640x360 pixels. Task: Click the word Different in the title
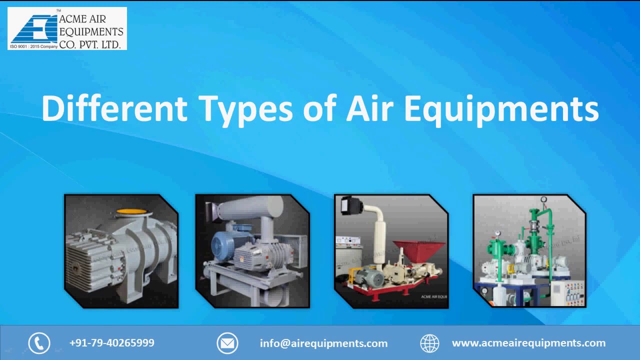pos(114,108)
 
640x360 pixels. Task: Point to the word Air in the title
pos(369,108)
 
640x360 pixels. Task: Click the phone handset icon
pos(39,343)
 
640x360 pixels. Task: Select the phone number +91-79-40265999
pos(111,343)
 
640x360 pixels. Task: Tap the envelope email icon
pos(227,343)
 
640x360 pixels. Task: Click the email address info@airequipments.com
pos(323,343)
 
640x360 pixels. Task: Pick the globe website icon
pos(429,343)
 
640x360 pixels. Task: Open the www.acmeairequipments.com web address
pos(528,343)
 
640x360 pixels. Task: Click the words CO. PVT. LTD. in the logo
pos(90,44)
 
